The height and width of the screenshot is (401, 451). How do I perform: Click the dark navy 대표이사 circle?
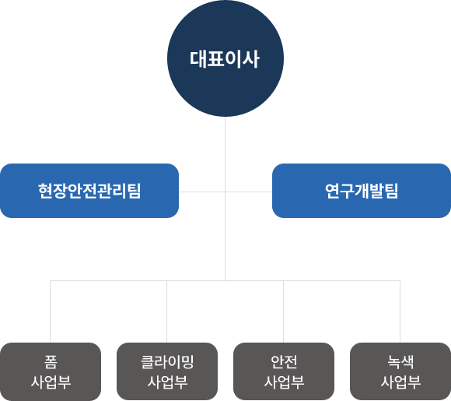(226, 58)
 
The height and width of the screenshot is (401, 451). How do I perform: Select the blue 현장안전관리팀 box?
(89, 191)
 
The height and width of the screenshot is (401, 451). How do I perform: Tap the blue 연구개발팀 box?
(362, 191)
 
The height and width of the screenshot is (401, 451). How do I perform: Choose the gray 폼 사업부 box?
(51, 371)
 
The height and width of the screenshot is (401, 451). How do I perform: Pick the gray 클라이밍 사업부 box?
(167, 371)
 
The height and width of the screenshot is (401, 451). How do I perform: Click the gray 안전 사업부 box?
(284, 371)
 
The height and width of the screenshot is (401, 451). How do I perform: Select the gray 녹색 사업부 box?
(400, 371)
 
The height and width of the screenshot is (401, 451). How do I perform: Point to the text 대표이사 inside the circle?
(225, 60)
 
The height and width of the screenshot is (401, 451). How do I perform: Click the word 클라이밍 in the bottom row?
(167, 362)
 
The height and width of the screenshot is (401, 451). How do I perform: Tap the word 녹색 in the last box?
(400, 362)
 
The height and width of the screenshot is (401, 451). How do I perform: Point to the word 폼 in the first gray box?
(51, 362)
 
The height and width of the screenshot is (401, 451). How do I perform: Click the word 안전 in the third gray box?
(284, 362)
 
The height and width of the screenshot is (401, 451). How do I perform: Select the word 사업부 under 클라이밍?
(167, 382)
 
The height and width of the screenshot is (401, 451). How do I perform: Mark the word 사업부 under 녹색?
(400, 382)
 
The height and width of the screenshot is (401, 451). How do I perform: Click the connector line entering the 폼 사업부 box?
(51, 311)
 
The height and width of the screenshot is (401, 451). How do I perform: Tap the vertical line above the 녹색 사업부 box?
(400, 311)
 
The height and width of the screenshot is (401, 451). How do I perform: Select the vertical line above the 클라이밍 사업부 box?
(167, 311)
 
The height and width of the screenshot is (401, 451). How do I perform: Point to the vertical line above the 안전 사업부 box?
(283, 311)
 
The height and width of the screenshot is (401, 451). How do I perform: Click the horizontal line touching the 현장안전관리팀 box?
(202, 192)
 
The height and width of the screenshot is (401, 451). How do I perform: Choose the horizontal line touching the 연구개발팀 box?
(249, 192)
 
